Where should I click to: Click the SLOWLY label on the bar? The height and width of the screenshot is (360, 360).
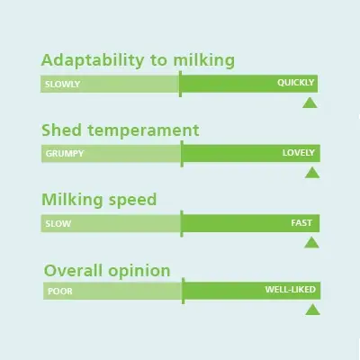coord(62,84)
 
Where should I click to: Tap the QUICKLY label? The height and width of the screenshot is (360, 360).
coord(295,83)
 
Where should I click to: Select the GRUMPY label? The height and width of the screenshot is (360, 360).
coord(65,154)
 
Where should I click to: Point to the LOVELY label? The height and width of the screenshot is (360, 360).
coord(298,153)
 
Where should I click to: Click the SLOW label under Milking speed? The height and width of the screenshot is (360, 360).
coord(58,224)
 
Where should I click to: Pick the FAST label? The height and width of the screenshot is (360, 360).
coord(301,223)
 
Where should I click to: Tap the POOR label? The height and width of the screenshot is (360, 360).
coord(60,292)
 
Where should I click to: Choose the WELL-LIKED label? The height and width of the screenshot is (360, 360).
coord(291,290)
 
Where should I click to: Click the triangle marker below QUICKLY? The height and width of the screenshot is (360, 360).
coord(310,103)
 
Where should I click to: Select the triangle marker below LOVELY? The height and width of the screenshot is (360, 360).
coord(312,173)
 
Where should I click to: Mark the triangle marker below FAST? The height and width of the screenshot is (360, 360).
coord(311,243)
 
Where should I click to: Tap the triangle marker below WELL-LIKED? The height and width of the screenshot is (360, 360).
coord(312,310)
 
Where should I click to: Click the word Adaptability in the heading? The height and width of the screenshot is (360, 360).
coord(93,61)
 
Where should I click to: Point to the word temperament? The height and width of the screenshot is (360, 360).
coord(143,130)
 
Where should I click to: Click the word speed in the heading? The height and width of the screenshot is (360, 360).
coord(132,201)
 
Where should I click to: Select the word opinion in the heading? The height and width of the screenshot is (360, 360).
coord(139,271)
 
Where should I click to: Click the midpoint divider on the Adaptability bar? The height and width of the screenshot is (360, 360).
coord(180,84)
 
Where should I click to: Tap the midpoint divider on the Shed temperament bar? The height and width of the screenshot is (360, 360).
coord(182,154)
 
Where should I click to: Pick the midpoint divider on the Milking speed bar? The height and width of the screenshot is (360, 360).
coord(182,224)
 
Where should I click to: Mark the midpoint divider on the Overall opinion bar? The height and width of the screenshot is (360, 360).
coord(183,291)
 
